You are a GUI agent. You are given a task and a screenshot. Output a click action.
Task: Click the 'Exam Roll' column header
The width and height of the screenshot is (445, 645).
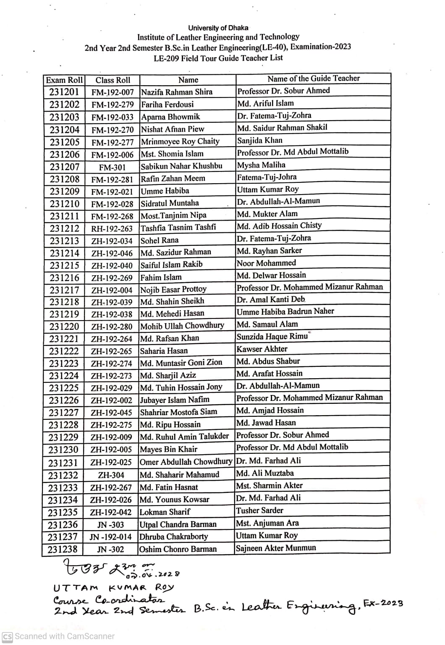coord(64,80)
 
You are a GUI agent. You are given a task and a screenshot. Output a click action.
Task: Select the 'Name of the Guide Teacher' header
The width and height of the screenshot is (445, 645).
coord(313,79)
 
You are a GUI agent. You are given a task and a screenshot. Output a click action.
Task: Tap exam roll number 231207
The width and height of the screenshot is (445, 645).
coord(64,166)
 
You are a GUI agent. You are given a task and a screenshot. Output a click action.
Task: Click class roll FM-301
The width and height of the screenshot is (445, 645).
coord(112,167)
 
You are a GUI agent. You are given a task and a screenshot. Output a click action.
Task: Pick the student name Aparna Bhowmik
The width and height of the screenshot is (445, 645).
coord(170,117)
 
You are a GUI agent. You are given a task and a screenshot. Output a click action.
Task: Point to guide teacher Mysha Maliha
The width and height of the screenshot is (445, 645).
coord(261,165)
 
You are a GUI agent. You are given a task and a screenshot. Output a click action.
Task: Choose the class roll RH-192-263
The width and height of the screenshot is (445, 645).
coord(112,229)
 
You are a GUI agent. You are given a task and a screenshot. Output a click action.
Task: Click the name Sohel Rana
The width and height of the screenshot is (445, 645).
coord(160,240)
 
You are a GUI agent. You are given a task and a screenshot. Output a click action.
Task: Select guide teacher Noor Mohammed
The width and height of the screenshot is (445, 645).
coord(266,263)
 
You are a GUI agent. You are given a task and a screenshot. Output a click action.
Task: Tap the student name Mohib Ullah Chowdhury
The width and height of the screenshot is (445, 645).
coord(182,326)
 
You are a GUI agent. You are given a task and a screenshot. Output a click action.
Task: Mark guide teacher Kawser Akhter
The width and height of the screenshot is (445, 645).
coord(262,349)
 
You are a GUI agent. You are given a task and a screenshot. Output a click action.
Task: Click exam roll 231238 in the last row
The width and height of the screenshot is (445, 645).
coord(63,549)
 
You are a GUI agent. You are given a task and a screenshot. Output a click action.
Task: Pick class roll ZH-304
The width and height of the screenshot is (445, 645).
coord(111,475)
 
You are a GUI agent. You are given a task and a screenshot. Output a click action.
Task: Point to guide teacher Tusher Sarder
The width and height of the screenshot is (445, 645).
coord(259,511)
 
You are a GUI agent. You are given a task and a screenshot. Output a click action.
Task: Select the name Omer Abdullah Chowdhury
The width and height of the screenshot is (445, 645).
coord(186,462)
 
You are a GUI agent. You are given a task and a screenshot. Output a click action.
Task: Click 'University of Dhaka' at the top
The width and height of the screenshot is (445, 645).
coord(218,28)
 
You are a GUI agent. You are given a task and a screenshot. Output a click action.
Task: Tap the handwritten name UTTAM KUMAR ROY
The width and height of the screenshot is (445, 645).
coord(113,587)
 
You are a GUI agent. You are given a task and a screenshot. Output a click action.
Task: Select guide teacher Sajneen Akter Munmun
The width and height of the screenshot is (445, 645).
coord(275,548)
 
